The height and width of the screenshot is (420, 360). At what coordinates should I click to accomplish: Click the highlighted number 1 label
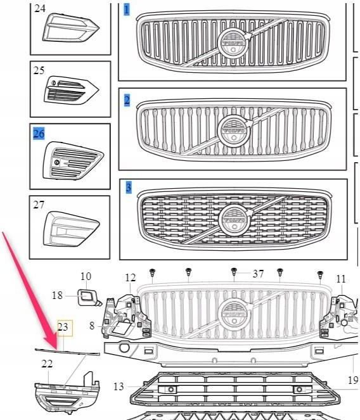pos(127,10)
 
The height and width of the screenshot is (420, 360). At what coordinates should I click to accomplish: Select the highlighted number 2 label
pos(127,99)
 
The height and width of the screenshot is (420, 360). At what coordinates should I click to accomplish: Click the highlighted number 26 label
pos(39,134)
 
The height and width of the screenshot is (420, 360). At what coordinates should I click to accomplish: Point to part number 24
pos(39,9)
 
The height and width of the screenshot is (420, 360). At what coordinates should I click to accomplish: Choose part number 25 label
pos(39,70)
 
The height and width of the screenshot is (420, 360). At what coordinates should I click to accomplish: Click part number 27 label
pos(39,205)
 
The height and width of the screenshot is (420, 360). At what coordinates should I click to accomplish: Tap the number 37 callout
pos(258,274)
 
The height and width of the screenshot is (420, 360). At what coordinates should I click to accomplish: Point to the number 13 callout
pos(119,386)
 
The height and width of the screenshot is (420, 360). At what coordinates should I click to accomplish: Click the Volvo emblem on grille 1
pos(232,42)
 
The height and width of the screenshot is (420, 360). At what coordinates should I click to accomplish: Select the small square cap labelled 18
pos(87,296)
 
